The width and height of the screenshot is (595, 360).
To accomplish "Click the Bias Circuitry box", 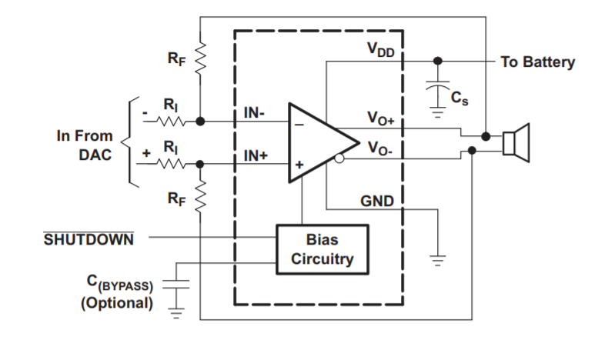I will click(x=323, y=249).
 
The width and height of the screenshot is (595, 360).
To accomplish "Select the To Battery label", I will click(x=537, y=62).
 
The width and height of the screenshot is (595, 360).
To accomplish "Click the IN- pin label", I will click(x=256, y=113).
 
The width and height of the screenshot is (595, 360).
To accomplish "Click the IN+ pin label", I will click(x=256, y=155).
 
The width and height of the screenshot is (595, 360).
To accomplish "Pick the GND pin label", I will click(x=377, y=202).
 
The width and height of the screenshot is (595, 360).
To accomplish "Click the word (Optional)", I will click(x=117, y=303).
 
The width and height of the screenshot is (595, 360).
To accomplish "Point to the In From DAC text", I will click(x=85, y=144).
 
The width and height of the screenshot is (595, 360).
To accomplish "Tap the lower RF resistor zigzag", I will click(x=200, y=196).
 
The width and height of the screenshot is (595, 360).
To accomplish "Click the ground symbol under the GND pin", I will click(x=438, y=260).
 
